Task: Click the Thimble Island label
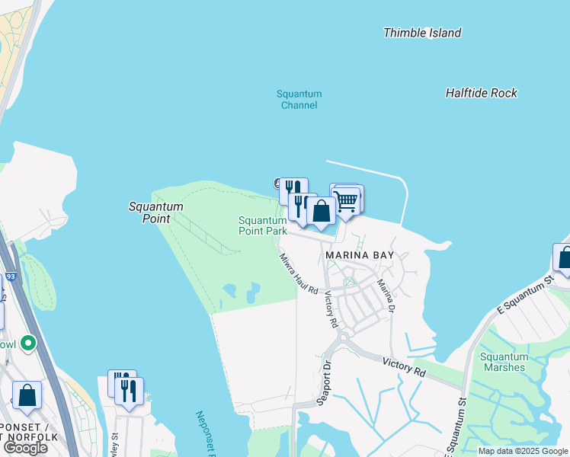(421, 33)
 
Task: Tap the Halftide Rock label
(481, 93)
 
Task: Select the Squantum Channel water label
(299, 100)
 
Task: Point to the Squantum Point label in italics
(155, 212)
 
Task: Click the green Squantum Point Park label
(262, 225)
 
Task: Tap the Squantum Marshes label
(503, 362)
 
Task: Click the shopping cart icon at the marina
(347, 200)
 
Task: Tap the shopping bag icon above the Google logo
(27, 395)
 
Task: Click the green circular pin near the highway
(29, 344)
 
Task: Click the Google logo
(24, 448)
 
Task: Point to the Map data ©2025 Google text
(523, 451)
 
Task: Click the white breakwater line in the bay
(366, 169)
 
